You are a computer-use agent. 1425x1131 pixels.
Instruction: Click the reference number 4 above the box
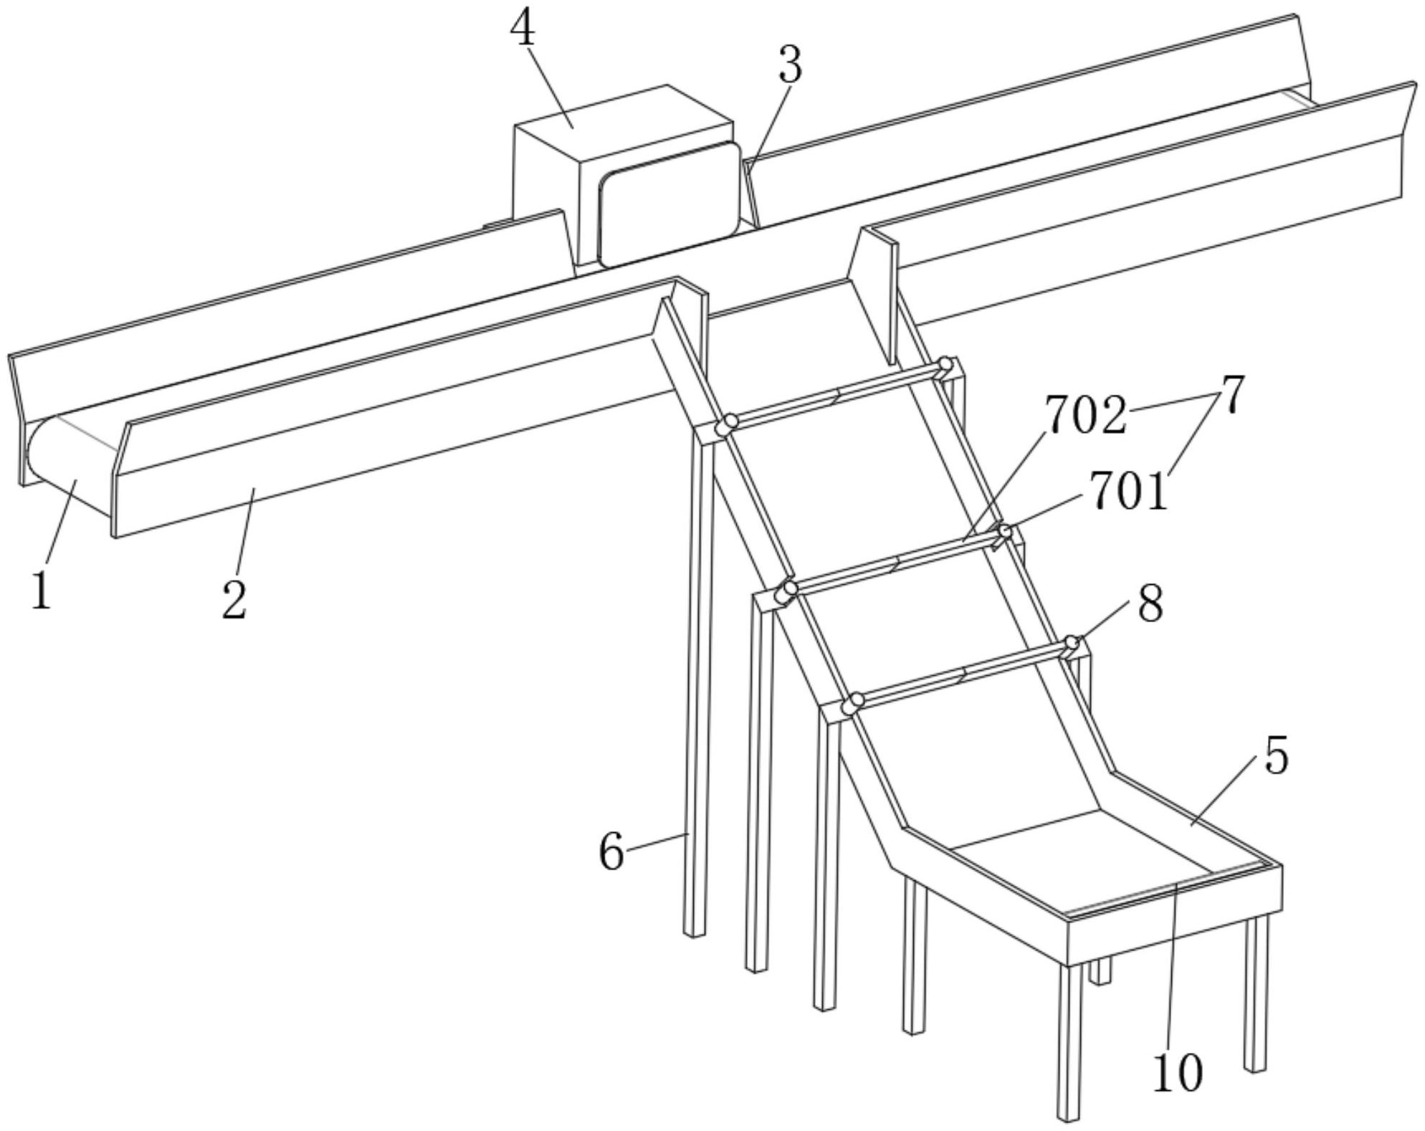tap(523, 30)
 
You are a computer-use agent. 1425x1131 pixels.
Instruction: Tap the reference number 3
tap(790, 65)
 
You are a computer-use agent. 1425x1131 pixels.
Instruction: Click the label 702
tap(1085, 416)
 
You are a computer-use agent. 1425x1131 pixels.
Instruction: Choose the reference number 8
tap(1150, 604)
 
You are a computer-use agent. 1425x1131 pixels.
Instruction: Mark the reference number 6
tap(611, 853)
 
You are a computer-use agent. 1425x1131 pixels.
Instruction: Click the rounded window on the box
tap(669, 204)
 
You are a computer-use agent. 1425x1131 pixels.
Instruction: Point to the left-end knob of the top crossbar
tap(730, 422)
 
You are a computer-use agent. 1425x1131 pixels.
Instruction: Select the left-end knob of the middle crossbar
tap(788, 590)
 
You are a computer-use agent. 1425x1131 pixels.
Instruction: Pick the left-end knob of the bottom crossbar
tap(853, 702)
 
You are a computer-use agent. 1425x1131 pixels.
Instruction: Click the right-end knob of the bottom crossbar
tap(1072, 642)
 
